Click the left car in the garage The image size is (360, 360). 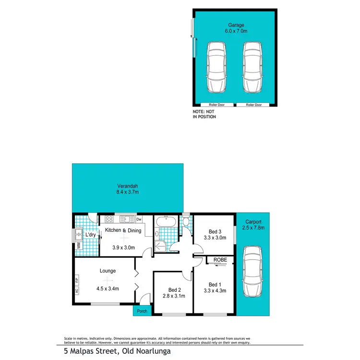[216, 67]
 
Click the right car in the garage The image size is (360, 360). [253, 67]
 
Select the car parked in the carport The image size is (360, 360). [252, 272]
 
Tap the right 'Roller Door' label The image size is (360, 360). [253, 105]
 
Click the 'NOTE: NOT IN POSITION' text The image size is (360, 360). [204, 114]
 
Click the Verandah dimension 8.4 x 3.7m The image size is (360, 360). [128, 192]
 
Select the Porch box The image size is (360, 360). [142, 311]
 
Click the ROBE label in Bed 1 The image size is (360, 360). [219, 260]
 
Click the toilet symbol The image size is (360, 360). [186, 221]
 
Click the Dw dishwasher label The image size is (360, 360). [139, 220]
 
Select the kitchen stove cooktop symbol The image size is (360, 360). [109, 220]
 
